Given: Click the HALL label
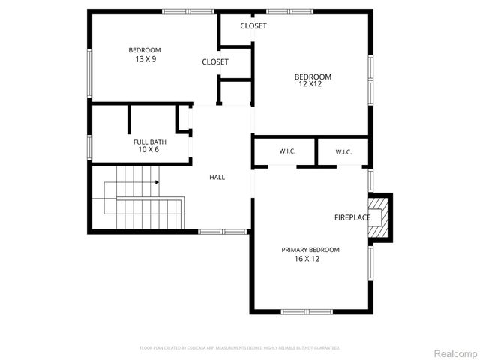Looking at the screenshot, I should [217, 177].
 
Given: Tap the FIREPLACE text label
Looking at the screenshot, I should [352, 217].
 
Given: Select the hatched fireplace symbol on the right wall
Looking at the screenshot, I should [380, 217].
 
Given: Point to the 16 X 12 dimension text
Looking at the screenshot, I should [307, 259].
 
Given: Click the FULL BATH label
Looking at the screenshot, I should [150, 142].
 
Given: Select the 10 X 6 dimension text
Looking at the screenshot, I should [148, 150].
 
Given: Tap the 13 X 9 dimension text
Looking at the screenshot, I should [145, 58].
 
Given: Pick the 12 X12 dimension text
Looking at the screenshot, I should [310, 84].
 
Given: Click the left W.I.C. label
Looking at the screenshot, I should [287, 151].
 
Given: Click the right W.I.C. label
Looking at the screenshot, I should [343, 151].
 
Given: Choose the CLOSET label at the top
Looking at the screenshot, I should [253, 26].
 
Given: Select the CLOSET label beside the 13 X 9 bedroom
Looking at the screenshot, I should [215, 62].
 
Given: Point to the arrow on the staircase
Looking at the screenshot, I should [157, 181].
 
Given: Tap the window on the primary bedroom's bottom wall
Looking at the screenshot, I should [307, 311].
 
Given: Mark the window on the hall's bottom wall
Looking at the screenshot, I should [223, 232].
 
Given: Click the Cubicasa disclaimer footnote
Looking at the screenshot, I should [240, 348].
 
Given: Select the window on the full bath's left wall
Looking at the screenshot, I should [89, 146].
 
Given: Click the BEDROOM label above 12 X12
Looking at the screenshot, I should [313, 76].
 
